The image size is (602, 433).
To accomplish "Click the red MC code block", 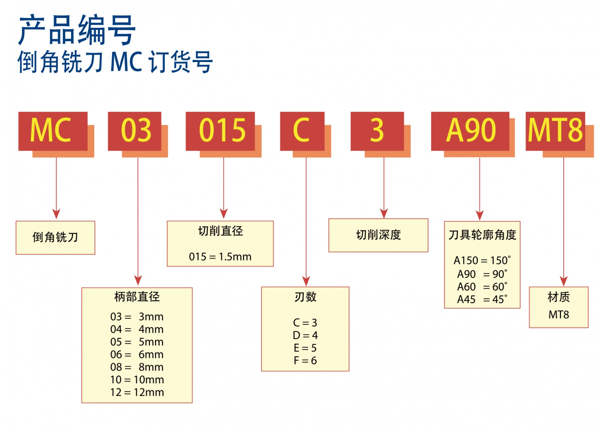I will click(x=53, y=131).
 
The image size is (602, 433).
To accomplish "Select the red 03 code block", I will click(x=135, y=131).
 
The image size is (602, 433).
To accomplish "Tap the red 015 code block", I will click(x=220, y=131).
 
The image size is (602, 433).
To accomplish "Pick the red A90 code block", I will click(x=470, y=131).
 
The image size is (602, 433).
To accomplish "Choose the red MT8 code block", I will click(x=555, y=131).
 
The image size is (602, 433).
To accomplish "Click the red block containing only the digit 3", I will click(x=377, y=131).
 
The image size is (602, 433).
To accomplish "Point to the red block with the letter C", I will click(x=302, y=131).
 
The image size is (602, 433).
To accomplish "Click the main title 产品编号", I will click(x=77, y=30).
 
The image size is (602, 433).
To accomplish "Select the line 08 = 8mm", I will click(x=137, y=367).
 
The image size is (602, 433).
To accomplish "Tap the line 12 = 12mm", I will click(x=137, y=392).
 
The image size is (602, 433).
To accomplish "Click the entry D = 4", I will click(x=305, y=335).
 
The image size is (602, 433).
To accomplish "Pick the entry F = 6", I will click(x=305, y=360).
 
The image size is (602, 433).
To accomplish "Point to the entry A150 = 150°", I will click(x=482, y=260).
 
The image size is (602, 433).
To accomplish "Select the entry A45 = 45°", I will click(x=482, y=299).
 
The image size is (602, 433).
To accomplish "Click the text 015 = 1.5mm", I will click(x=220, y=257).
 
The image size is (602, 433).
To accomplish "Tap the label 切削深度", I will click(x=379, y=235).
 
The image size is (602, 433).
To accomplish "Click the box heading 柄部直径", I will click(x=137, y=297).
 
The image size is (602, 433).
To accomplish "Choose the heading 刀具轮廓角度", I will click(x=482, y=235).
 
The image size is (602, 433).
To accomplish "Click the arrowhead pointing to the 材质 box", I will click(x=563, y=281).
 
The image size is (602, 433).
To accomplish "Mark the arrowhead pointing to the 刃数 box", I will click(x=306, y=281).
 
